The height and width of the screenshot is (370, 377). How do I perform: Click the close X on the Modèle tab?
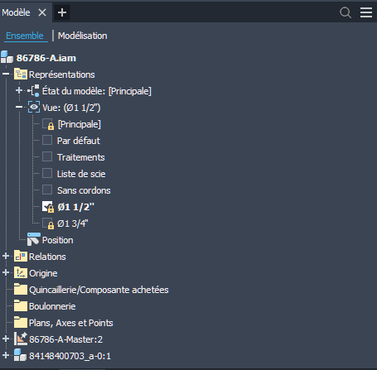(x=42, y=12)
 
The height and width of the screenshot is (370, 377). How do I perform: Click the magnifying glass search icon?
(x=346, y=12)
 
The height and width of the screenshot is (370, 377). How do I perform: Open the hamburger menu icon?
(x=366, y=12)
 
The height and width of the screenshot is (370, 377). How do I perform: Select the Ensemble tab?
(x=25, y=36)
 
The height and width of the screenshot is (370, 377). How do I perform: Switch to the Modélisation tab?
(x=83, y=36)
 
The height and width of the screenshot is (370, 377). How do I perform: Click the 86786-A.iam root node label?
(x=46, y=58)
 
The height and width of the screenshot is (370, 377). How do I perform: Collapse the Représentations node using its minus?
(x=6, y=74)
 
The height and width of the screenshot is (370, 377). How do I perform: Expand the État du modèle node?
(x=19, y=90)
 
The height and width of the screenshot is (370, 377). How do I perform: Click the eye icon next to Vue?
(x=34, y=107)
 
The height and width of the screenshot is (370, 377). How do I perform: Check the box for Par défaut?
(x=47, y=140)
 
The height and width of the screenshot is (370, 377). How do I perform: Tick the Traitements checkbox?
(x=47, y=156)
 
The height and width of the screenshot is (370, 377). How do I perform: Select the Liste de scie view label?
(x=81, y=174)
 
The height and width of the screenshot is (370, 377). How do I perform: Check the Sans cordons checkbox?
(x=47, y=190)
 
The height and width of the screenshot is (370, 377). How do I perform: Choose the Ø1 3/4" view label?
(x=73, y=223)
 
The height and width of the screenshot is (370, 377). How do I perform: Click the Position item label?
(x=58, y=240)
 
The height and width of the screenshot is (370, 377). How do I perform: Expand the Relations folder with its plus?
(x=6, y=256)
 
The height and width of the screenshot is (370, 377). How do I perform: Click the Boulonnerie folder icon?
(x=21, y=305)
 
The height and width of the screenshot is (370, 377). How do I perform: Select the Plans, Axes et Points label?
(x=71, y=323)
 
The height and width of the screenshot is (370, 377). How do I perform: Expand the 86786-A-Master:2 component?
(x=6, y=339)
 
